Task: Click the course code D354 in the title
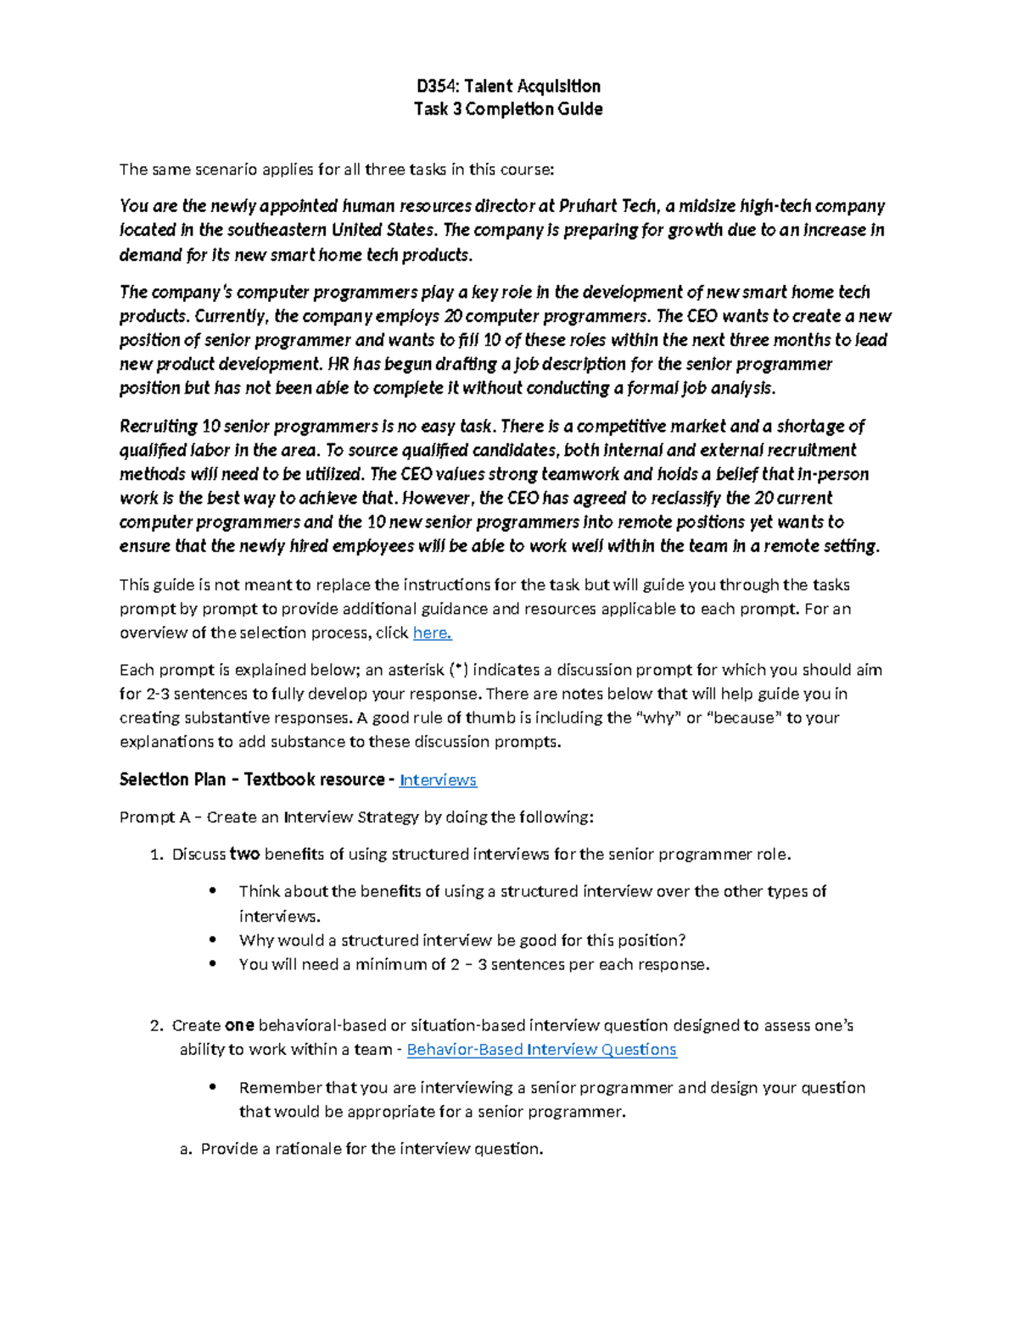tap(435, 86)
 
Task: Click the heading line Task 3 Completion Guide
tap(507, 109)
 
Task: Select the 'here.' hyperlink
tap(432, 633)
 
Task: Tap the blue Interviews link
tap(438, 780)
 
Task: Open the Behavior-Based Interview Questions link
tap(541, 1050)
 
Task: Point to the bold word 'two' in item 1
tap(244, 855)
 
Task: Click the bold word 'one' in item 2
tap(239, 1025)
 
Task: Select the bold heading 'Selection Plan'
tap(172, 779)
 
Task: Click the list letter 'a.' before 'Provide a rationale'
tap(186, 1149)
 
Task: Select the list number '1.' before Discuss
tap(156, 855)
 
